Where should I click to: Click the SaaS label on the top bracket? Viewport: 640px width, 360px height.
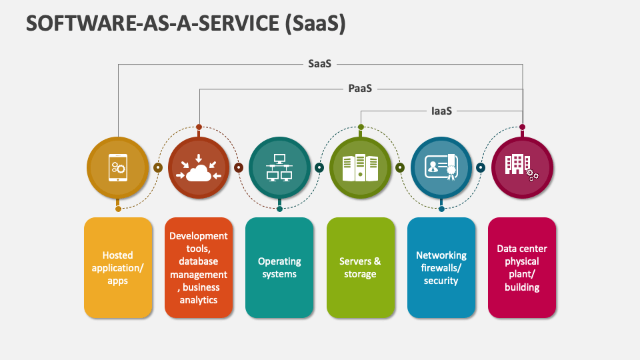(x=319, y=64)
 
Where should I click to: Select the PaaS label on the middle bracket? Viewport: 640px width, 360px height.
(x=360, y=88)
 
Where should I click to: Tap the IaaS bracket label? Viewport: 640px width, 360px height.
(x=441, y=111)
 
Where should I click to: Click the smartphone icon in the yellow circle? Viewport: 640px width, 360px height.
(x=118, y=167)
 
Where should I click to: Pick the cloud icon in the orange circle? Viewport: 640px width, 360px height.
(x=199, y=168)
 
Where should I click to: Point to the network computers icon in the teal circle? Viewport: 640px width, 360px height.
(x=279, y=168)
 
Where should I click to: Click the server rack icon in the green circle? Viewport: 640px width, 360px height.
(x=360, y=168)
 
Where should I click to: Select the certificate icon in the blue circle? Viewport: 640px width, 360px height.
(x=441, y=168)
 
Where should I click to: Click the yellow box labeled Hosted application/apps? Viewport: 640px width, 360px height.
(x=118, y=267)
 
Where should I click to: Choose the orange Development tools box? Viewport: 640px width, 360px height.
(x=199, y=267)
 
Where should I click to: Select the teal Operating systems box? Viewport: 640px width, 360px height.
(x=279, y=267)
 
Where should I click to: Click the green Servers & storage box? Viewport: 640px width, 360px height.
(x=360, y=267)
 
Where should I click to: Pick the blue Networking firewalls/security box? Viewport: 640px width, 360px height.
(x=441, y=267)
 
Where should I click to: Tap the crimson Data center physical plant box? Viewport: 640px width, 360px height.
(x=522, y=267)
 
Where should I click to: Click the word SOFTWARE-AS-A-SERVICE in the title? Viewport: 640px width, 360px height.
(x=145, y=23)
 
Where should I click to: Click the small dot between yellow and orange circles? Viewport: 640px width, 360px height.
(x=158, y=168)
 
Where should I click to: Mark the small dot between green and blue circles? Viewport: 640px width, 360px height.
(x=401, y=168)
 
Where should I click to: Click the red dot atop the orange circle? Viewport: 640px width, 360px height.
(x=199, y=127)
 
